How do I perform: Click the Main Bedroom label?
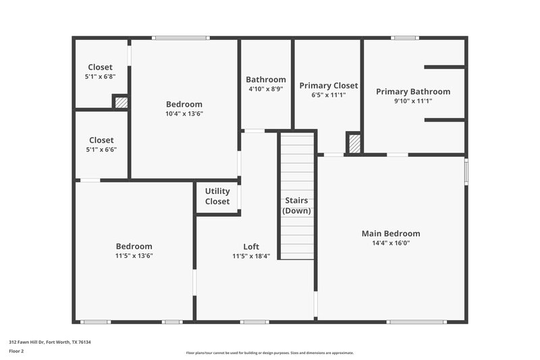tap(391, 234)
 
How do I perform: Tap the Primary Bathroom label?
tap(413, 92)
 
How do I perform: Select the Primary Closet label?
tap(329, 86)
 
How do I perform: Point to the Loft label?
tap(251, 247)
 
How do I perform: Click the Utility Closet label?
tap(217, 197)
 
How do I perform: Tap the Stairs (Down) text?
tap(297, 205)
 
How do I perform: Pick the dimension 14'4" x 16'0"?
tap(391, 243)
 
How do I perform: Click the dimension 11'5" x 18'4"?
tap(251, 256)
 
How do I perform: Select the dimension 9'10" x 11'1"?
tap(413, 101)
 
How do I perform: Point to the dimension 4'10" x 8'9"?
tap(266, 88)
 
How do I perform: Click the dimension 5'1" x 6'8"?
tap(101, 77)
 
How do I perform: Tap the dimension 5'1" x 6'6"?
tap(101, 150)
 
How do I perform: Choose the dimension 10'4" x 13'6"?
tap(184, 113)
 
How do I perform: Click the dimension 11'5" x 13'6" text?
tap(134, 256)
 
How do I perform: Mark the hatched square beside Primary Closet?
tap(354, 143)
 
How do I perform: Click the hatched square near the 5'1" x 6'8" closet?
tap(121, 103)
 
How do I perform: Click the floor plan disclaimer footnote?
tap(270, 353)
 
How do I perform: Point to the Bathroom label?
tap(266, 79)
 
